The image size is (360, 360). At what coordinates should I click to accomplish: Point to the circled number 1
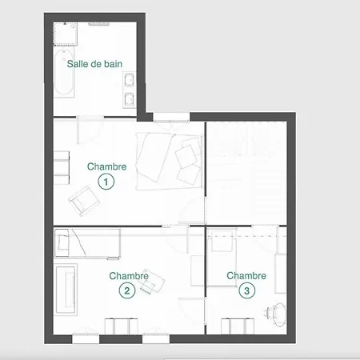106,182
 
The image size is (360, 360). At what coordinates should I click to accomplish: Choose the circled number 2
126,291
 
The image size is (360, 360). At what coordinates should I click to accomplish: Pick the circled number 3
246,291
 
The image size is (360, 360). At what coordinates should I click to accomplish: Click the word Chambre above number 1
106,166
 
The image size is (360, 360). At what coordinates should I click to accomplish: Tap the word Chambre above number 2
128,276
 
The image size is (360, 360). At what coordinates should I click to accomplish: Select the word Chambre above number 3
246,276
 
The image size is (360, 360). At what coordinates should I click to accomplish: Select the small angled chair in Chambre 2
150,285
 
